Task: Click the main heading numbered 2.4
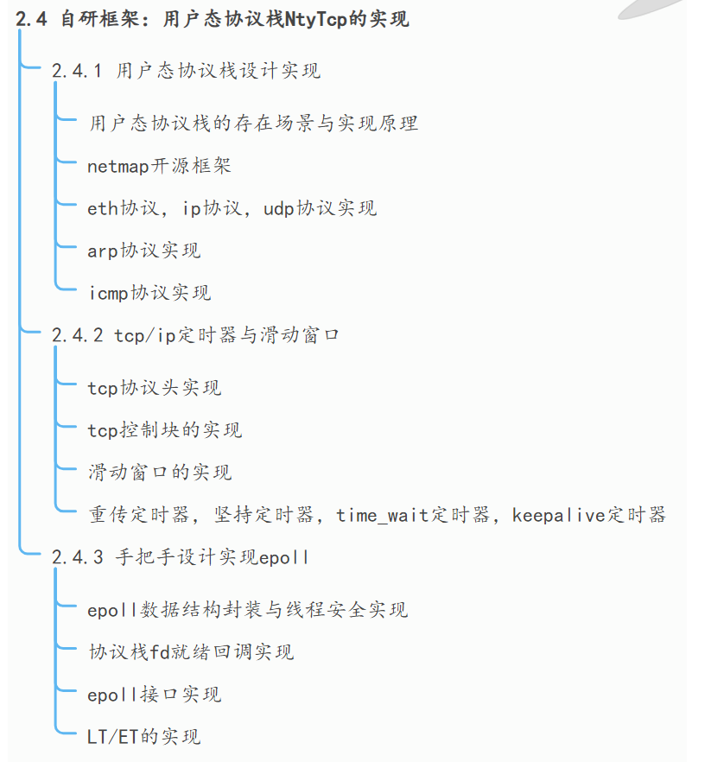click(212, 20)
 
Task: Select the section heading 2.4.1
click(186, 71)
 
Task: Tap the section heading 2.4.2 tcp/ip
click(195, 334)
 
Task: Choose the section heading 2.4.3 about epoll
click(180, 557)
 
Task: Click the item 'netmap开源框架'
click(159, 165)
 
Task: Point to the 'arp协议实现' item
click(143, 251)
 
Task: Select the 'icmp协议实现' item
click(149, 293)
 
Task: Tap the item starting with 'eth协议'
click(232, 208)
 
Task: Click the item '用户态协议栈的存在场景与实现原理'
click(253, 123)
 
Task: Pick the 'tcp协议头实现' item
click(154, 387)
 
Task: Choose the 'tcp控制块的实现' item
click(164, 429)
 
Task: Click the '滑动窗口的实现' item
click(159, 472)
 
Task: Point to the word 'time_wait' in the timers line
click(383, 515)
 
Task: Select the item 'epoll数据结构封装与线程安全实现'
click(247, 610)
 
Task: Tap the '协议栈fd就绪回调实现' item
click(190, 651)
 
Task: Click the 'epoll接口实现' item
click(154, 694)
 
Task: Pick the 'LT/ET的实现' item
click(143, 736)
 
